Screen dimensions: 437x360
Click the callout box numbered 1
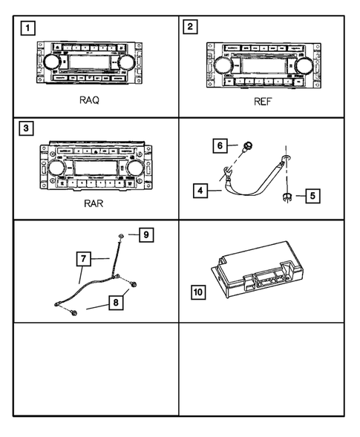point(27,30)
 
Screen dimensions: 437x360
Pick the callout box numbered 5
point(312,197)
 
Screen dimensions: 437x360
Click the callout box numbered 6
point(221,145)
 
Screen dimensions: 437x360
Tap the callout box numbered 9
point(146,236)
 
